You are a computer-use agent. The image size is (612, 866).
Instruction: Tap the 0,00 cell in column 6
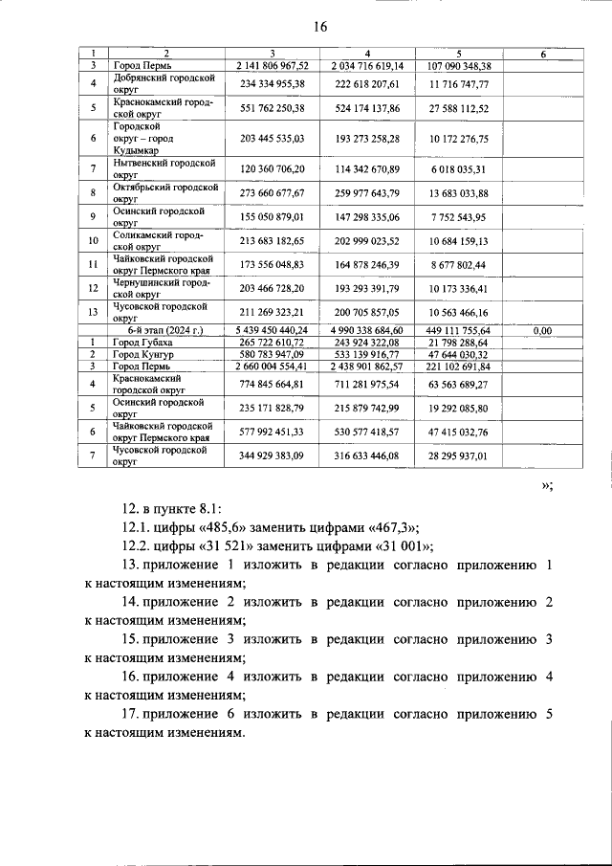(542, 331)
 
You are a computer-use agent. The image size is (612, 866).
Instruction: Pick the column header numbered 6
(542, 55)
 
